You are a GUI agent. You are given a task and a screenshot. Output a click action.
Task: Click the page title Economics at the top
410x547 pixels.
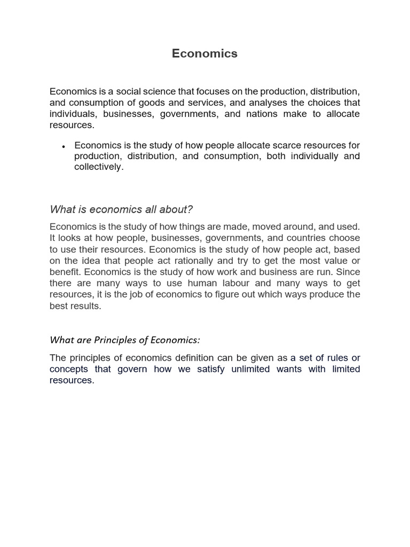[x=204, y=53]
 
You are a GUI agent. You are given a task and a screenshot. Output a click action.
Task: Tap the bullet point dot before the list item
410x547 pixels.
[x=64, y=146]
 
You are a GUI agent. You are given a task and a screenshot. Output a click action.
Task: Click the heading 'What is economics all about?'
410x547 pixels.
[x=121, y=208]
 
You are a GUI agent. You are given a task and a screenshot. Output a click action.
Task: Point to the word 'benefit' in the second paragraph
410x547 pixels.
[x=65, y=272]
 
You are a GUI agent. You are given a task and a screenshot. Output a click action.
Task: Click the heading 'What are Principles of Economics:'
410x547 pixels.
[x=124, y=340]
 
